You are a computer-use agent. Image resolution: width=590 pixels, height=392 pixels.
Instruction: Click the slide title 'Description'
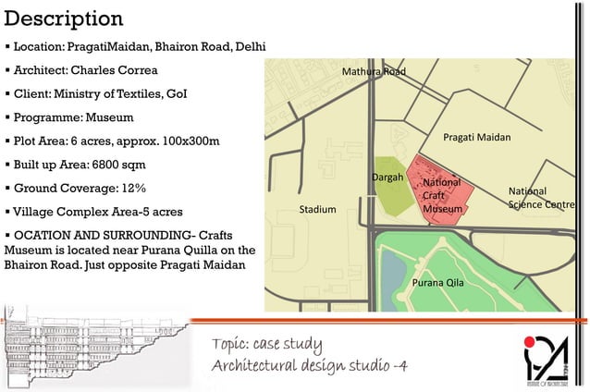point(63,19)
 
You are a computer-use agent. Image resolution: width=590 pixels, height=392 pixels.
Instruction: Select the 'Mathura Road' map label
point(374,71)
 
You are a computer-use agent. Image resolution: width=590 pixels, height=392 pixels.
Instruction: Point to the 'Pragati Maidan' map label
point(476,137)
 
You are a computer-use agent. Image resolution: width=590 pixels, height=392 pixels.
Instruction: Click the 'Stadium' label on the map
point(317,210)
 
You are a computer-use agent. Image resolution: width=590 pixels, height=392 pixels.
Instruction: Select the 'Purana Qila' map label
point(437,282)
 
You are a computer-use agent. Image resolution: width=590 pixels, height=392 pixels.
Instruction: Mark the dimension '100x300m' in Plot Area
point(187,141)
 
